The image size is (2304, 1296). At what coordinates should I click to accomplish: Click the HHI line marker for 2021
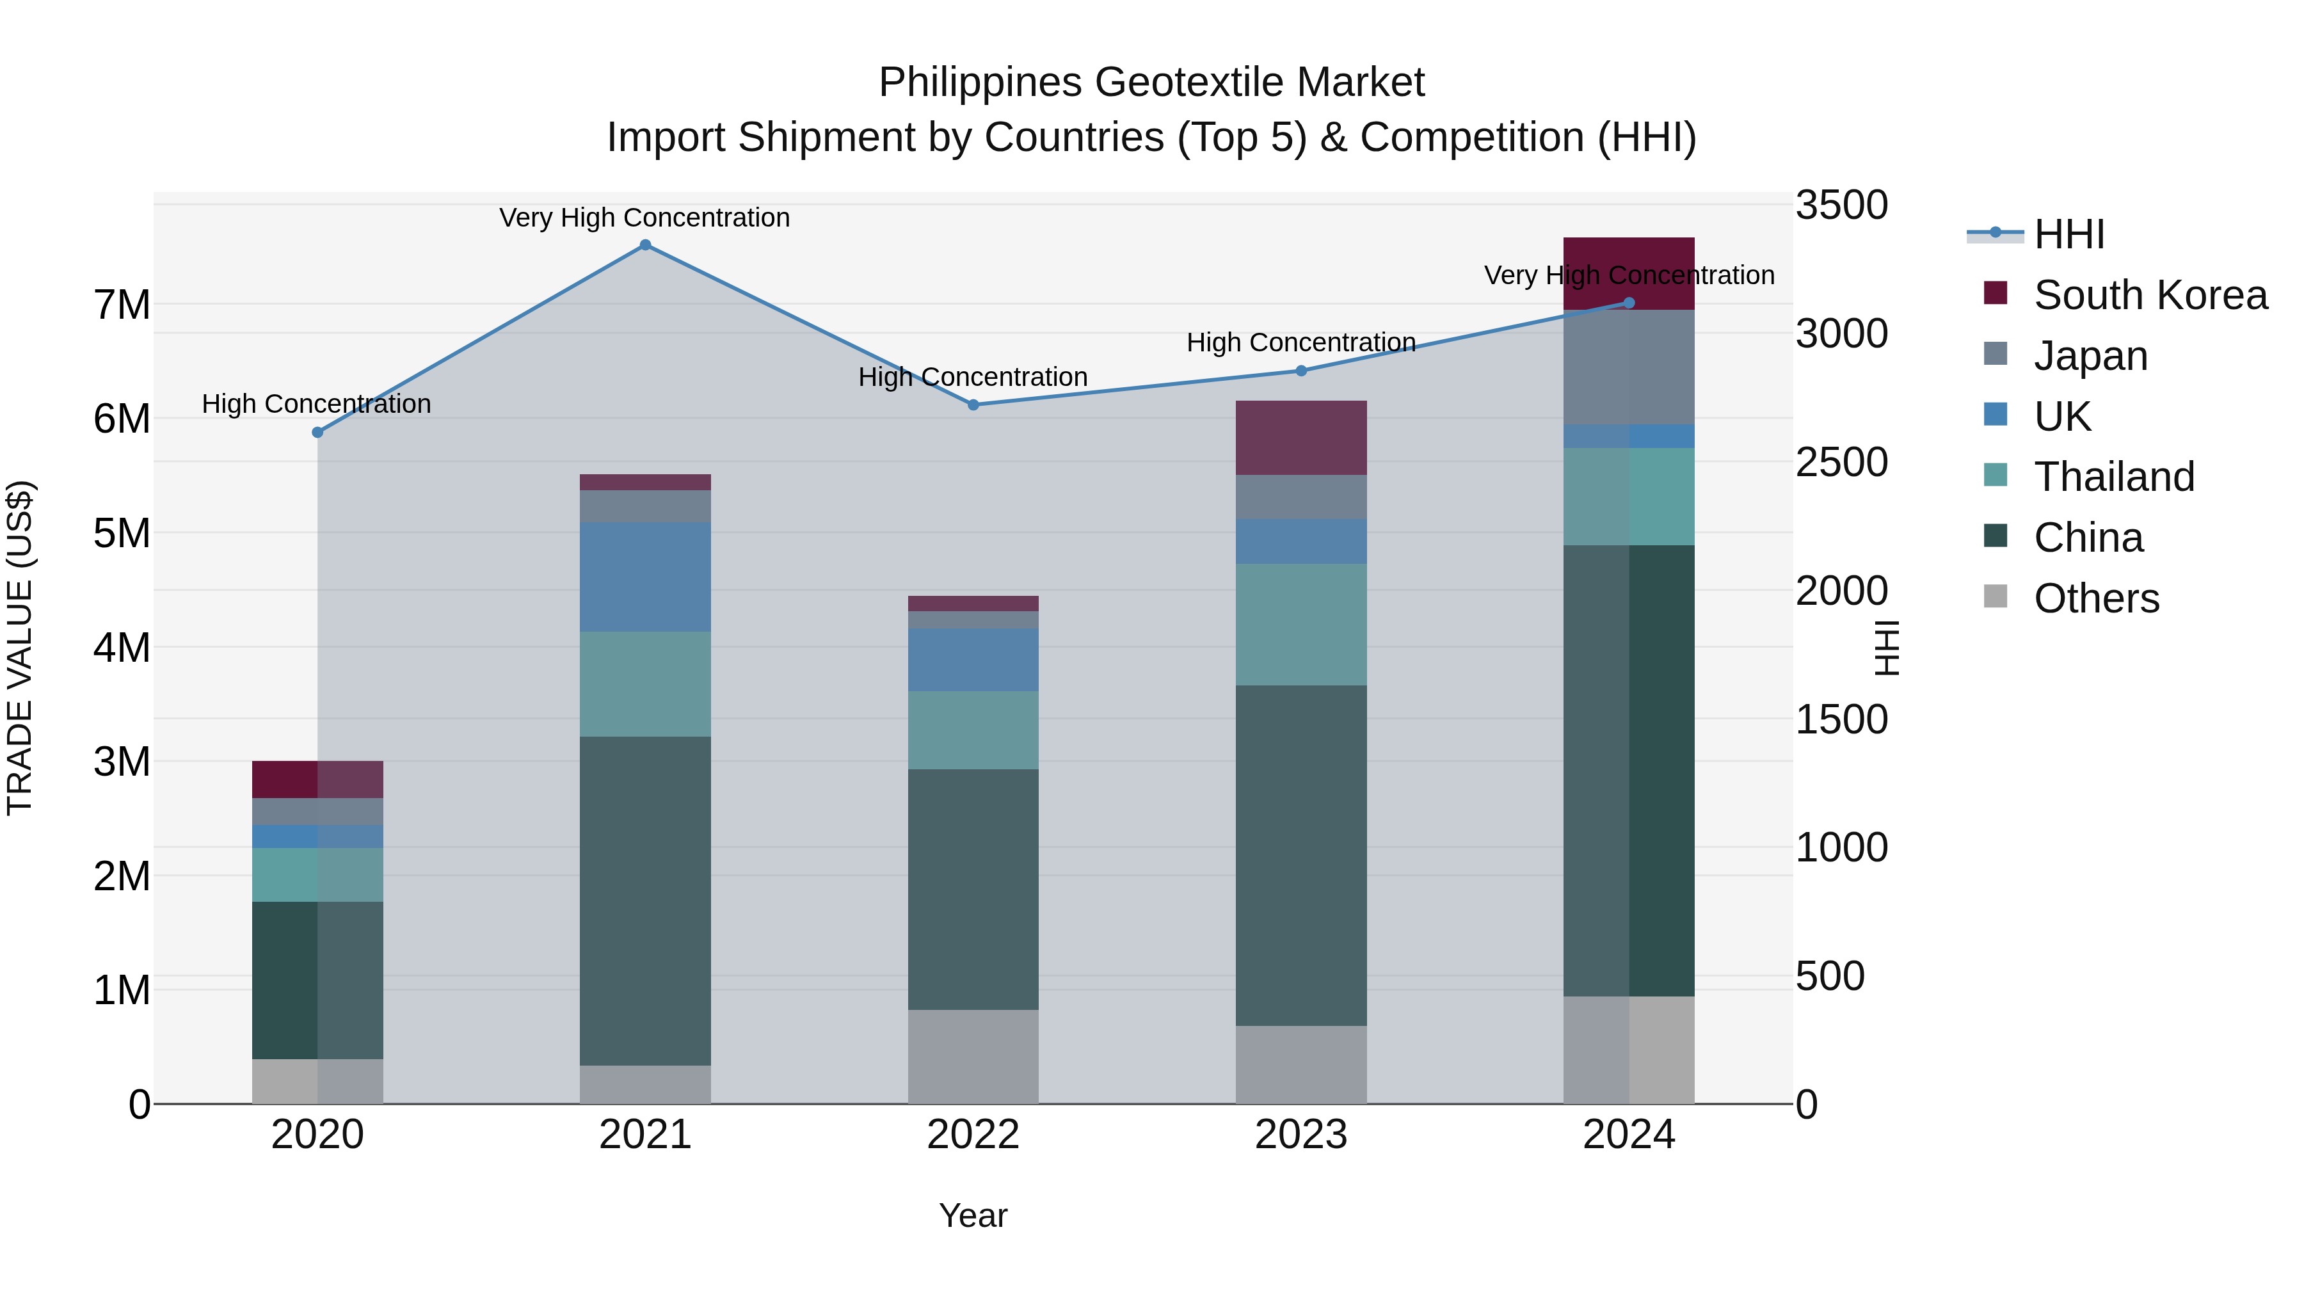coord(645,245)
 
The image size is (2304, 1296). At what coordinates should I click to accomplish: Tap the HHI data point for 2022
coord(973,405)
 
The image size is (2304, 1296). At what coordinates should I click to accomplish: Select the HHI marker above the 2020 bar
coord(317,433)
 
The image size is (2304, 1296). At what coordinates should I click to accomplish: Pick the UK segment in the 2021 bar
coord(645,577)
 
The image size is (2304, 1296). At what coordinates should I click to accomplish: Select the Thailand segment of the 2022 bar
coord(973,730)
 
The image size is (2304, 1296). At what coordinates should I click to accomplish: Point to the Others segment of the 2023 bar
coord(1300,1064)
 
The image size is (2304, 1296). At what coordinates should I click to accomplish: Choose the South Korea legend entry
coord(2149,295)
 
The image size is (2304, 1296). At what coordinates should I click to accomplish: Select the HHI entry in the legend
coord(2068,234)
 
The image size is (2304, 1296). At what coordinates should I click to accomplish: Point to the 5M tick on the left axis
coord(122,533)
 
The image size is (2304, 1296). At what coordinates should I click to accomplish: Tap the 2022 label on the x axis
coord(973,1135)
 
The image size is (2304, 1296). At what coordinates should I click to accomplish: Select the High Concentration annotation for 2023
coord(1300,342)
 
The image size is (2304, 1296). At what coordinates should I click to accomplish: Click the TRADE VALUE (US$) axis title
coord(20,648)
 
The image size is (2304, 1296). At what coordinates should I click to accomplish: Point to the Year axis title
coord(973,1215)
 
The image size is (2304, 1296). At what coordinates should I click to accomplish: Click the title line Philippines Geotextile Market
coord(1151,83)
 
